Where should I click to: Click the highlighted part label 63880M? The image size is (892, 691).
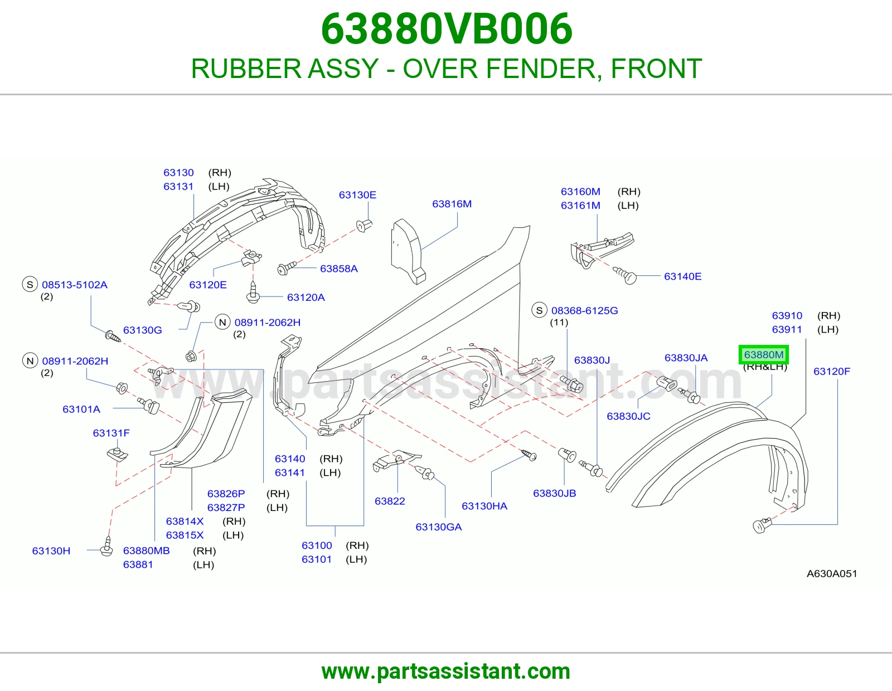764,354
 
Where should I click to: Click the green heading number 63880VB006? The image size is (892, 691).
446,29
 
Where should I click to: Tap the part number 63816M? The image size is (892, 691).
452,204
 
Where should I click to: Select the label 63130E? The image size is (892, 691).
357,195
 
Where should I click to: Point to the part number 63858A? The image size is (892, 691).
338,269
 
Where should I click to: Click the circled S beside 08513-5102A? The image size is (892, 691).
30,284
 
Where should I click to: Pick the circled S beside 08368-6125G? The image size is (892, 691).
540,310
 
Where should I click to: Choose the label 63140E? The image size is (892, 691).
682,276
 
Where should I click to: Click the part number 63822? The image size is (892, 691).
390,501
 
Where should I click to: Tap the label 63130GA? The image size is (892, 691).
438,527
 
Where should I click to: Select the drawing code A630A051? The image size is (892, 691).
832,573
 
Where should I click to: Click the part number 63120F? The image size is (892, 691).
832,371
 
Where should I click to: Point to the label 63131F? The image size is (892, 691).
111,433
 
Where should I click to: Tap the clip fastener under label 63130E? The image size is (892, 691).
364,225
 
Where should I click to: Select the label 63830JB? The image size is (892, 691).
554,493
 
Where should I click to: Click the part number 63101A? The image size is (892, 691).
81,409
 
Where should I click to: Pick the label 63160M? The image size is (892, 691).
580,192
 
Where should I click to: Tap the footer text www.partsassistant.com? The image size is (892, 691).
446,671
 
